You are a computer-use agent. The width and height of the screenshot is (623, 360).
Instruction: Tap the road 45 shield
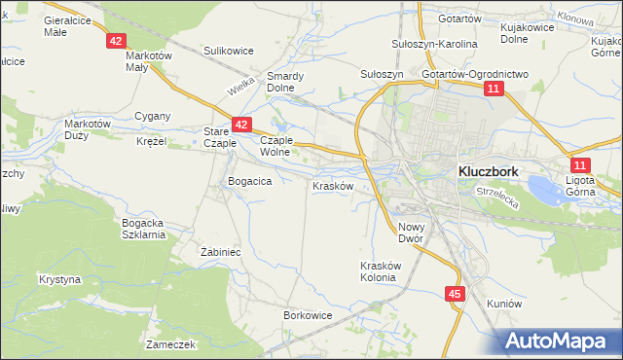[456, 293]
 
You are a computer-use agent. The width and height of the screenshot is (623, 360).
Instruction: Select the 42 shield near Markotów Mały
[116, 41]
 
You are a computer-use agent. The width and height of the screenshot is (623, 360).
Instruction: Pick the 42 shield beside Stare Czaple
[241, 125]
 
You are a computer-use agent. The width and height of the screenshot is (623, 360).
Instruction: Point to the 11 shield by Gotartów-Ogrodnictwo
[495, 90]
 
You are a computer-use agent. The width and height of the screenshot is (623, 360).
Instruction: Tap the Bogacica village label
[248, 181]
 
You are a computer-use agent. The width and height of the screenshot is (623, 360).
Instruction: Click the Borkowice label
[308, 315]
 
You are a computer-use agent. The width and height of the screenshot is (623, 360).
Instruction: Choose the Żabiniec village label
[220, 251]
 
